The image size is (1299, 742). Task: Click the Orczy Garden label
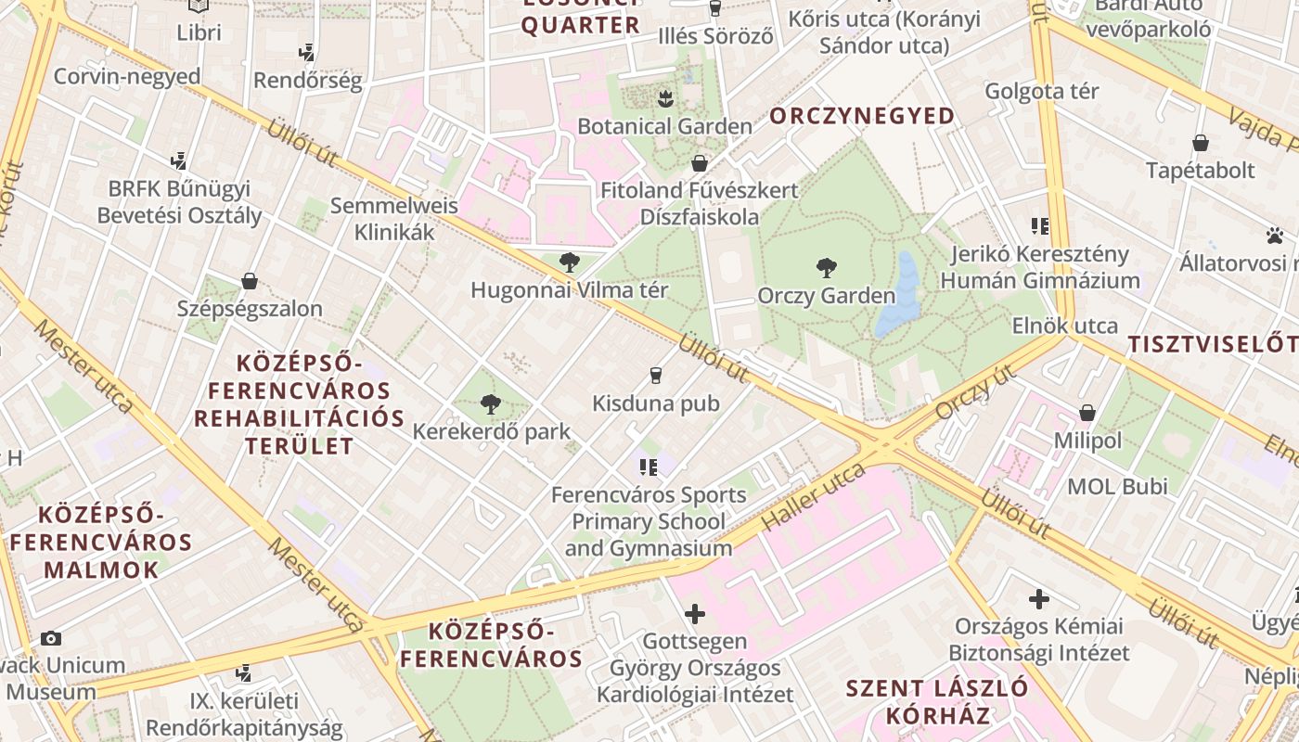[826, 296]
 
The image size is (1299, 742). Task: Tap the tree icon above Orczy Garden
[826, 269]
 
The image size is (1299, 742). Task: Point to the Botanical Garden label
[664, 125]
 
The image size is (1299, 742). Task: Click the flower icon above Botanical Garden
[664, 97]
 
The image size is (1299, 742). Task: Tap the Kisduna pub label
[656, 403]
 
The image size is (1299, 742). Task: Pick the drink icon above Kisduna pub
[656, 376]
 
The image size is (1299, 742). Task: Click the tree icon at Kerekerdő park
[491, 404]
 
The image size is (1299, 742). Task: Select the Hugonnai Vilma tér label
[569, 289]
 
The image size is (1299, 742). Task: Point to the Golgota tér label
[1042, 91]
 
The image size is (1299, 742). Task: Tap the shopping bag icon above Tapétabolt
[1201, 143]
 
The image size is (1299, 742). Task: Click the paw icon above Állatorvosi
[1274, 236]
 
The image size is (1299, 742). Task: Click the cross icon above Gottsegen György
[694, 613]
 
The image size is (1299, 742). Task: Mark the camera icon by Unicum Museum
[51, 638]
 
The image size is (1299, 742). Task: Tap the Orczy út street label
[973, 391]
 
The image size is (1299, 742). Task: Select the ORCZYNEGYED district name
[862, 116]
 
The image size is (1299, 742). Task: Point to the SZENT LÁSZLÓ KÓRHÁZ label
[937, 701]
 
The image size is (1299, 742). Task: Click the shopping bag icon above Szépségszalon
[249, 281]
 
